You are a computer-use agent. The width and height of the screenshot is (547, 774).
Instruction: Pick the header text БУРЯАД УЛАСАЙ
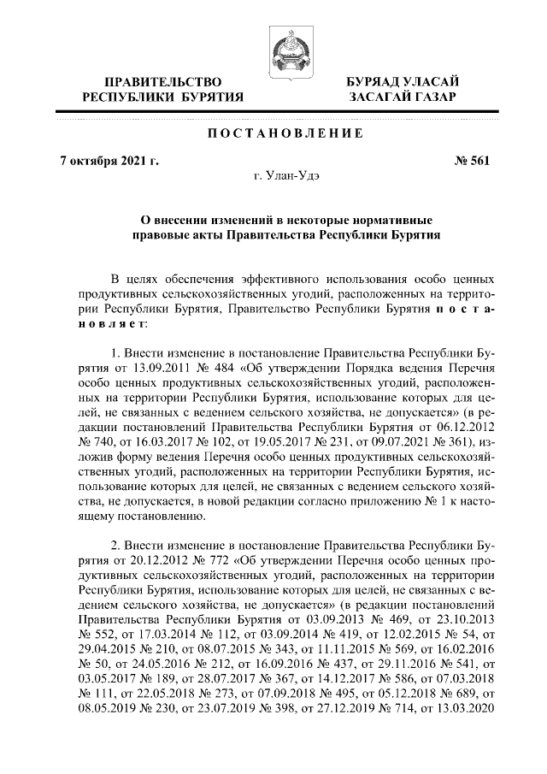tap(402, 81)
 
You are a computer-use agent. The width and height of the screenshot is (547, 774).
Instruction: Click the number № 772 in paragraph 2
tap(219, 560)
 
